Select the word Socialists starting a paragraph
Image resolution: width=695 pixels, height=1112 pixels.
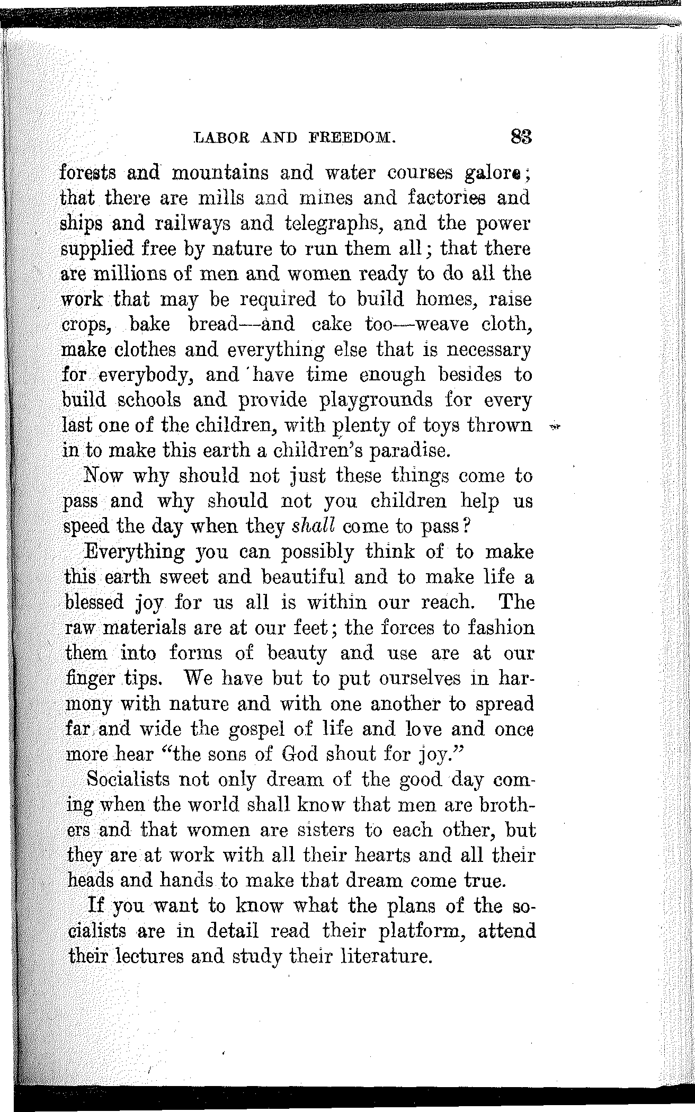pos(128,780)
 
